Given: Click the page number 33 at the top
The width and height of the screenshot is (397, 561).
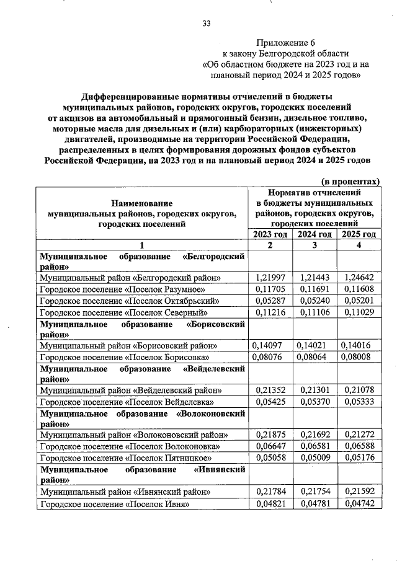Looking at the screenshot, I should (206, 24).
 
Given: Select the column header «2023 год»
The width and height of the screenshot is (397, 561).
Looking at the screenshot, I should (270, 234).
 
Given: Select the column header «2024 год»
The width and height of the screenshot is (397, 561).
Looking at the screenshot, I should (314, 234).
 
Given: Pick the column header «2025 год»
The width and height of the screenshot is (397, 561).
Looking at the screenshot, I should (357, 234).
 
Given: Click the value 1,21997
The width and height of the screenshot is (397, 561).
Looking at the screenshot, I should (271, 278).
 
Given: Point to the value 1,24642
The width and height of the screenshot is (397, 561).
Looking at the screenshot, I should (358, 278).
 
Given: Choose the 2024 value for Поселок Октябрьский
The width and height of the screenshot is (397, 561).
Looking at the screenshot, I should (314, 301).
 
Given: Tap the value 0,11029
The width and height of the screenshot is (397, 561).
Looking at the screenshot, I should (358, 312).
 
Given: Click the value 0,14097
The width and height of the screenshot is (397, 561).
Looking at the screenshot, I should (271, 346).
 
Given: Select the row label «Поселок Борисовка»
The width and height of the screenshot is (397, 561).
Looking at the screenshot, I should (124, 358).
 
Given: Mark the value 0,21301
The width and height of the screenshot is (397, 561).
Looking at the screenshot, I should (314, 391).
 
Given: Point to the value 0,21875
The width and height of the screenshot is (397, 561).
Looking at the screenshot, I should (271, 435).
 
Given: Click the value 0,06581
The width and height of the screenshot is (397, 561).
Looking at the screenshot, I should (314, 446).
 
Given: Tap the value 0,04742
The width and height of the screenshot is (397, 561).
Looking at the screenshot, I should (358, 503).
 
